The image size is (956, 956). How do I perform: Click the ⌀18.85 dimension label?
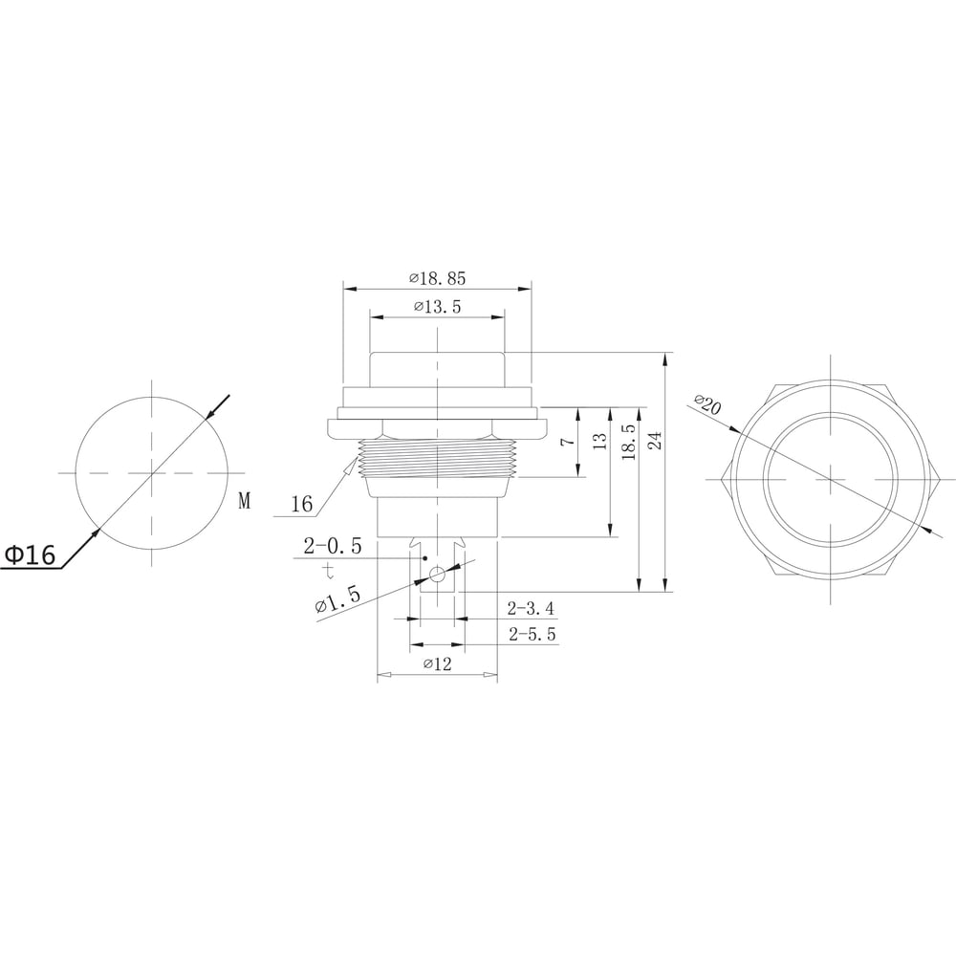[437, 278]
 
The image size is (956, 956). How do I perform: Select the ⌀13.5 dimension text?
[437, 307]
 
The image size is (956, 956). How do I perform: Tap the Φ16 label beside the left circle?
[30, 554]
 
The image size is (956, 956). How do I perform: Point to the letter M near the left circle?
[245, 501]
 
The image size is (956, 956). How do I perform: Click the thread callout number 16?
[302, 504]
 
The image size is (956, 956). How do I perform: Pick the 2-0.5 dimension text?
[333, 546]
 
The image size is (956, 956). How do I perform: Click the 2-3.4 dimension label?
[531, 608]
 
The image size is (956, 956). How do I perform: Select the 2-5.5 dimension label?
[532, 634]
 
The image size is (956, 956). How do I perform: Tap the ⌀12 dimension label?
[437, 663]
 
